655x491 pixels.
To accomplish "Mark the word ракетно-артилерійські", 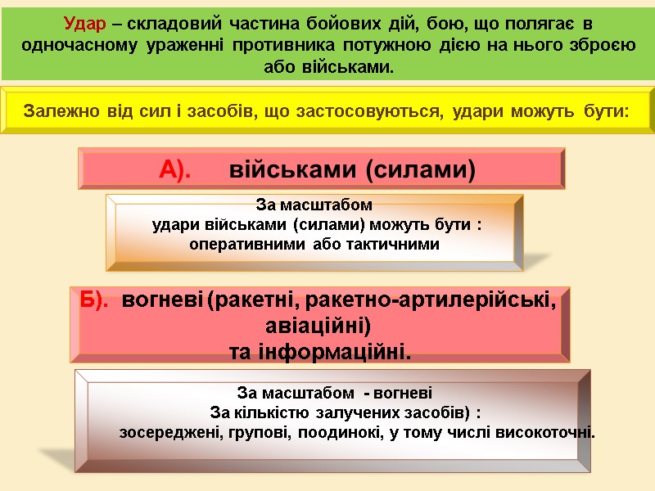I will (x=426, y=302).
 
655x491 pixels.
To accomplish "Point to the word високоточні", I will (x=546, y=431).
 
